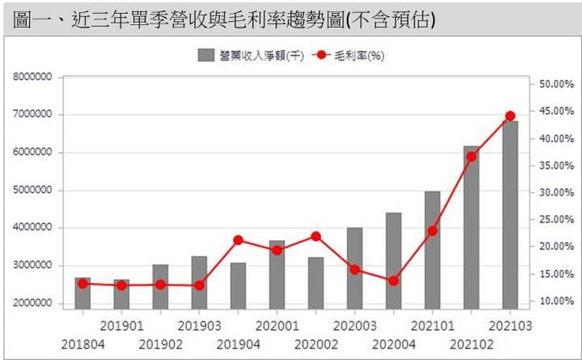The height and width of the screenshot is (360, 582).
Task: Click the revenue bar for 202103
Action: point(510,214)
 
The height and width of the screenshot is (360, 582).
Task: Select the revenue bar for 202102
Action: point(471,227)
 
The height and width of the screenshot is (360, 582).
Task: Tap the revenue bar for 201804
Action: point(82,293)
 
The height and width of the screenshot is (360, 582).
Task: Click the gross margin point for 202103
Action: point(510,116)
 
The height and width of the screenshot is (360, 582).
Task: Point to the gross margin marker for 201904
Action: point(238,239)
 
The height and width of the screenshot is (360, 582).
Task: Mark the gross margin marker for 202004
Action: point(394,281)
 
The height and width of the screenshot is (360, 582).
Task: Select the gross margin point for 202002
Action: point(315,236)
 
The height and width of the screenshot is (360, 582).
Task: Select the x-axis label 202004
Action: point(394,344)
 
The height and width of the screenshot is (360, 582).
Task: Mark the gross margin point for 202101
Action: point(432,231)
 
